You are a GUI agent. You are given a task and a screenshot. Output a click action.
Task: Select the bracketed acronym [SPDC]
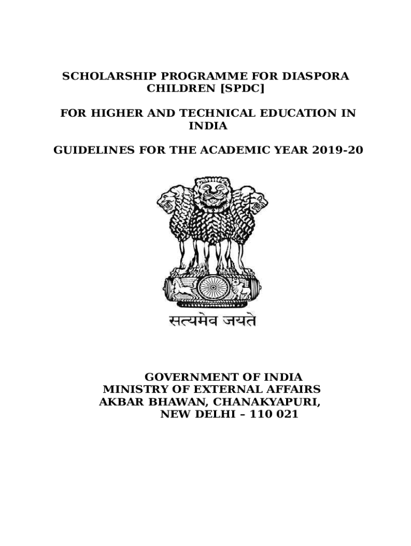click(242, 89)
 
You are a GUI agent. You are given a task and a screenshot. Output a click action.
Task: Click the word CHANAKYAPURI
click(270, 402)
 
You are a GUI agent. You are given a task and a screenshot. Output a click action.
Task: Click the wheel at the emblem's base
click(212, 288)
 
